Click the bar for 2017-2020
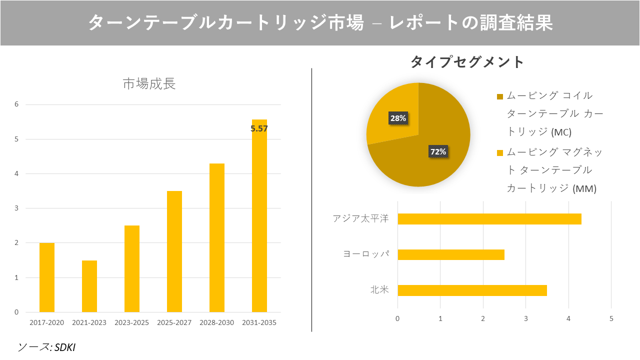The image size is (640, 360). [x=47, y=277]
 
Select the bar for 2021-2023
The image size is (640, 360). [x=89, y=286]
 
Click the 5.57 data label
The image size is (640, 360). [x=259, y=128]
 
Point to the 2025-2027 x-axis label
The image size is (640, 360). [x=174, y=322]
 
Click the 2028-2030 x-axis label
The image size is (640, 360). [x=216, y=322]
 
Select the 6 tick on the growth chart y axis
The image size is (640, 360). [x=16, y=104]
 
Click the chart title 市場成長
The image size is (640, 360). [x=149, y=83]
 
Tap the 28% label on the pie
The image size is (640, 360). [x=398, y=118]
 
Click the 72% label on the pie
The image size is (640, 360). [x=438, y=151]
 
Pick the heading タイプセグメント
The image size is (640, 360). [x=467, y=62]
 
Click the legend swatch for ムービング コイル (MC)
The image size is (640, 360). [x=500, y=96]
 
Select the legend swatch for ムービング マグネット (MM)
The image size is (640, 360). [x=500, y=152]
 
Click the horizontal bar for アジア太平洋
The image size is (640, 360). [x=489, y=219]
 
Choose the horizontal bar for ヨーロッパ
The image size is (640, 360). [x=450, y=254]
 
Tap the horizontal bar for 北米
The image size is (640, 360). [x=472, y=290]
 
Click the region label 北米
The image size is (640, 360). [x=379, y=290]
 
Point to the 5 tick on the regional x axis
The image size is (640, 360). [x=611, y=318]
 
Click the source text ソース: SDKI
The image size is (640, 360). [x=46, y=347]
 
